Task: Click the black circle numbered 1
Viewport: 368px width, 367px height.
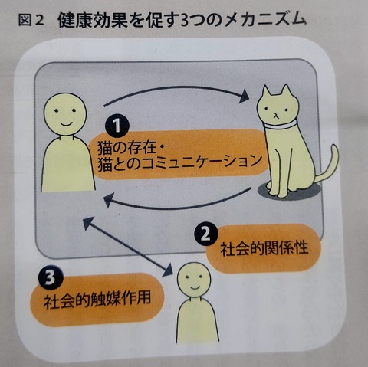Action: [x=117, y=125]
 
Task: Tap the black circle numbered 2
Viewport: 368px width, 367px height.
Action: [x=206, y=234]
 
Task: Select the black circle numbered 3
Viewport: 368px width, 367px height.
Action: [x=51, y=277]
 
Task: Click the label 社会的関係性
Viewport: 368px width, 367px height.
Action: [x=264, y=248]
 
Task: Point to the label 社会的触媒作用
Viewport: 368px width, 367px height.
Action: [x=97, y=299]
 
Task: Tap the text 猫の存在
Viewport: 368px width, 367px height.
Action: [x=127, y=148]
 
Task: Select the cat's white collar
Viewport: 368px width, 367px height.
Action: [x=281, y=126]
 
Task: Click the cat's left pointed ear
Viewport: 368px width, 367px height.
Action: [x=266, y=93]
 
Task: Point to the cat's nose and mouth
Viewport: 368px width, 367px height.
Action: [x=275, y=115]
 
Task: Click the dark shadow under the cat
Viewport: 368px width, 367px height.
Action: [x=289, y=191]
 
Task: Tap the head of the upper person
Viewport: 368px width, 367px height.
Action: [x=65, y=114]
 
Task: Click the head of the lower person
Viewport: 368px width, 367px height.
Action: [x=194, y=280]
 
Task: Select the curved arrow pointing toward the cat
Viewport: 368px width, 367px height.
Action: [x=176, y=88]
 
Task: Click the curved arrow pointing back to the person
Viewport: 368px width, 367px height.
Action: [x=176, y=205]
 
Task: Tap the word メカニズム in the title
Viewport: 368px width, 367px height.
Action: [x=265, y=20]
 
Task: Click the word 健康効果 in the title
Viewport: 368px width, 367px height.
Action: [x=93, y=20]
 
